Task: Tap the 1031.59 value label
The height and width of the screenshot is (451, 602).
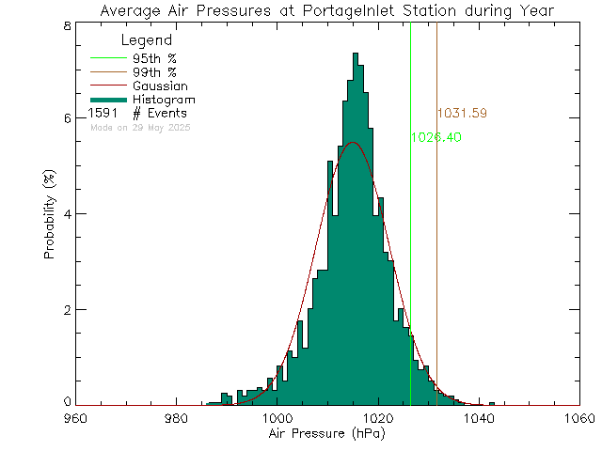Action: point(462,114)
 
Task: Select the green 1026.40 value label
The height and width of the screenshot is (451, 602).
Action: point(436,137)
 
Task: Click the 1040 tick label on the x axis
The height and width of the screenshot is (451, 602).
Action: point(478,418)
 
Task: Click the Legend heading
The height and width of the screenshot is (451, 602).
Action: point(147,40)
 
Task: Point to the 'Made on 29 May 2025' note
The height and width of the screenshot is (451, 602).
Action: point(141,126)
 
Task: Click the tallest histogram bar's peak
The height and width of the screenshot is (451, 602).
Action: point(356,54)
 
